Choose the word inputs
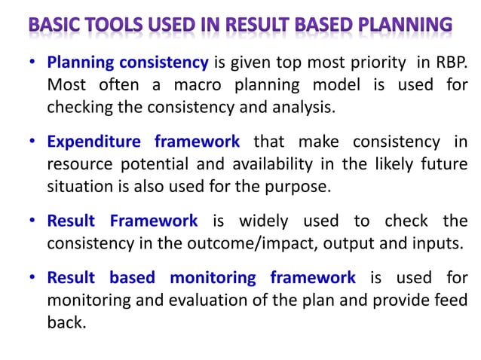435,243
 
